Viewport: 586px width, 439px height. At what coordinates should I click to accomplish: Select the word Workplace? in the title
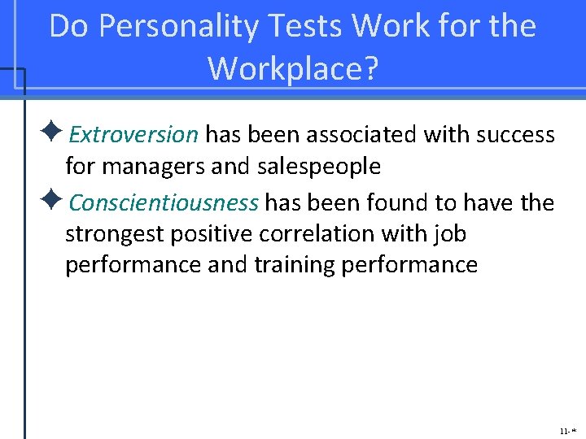[294, 68]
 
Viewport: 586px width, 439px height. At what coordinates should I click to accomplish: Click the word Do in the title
[68, 27]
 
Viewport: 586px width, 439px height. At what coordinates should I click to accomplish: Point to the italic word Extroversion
[134, 134]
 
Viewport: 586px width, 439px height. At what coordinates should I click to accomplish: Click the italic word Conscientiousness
[164, 202]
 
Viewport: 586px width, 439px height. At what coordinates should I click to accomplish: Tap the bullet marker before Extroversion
[57, 133]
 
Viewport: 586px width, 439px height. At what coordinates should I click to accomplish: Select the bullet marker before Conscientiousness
[57, 200]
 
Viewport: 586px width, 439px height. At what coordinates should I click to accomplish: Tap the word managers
[152, 167]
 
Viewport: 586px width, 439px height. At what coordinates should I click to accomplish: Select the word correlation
[318, 235]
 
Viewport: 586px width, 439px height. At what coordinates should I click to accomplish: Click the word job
[450, 235]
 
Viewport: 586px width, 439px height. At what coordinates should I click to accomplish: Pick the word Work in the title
[387, 27]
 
